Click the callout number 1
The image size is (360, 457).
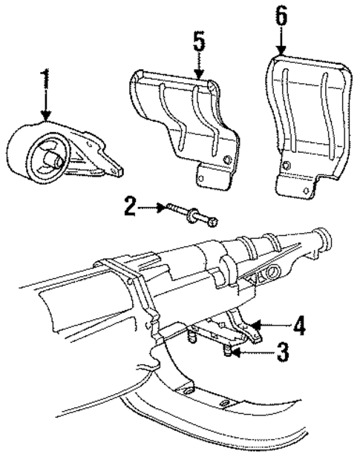(x=46, y=82)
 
